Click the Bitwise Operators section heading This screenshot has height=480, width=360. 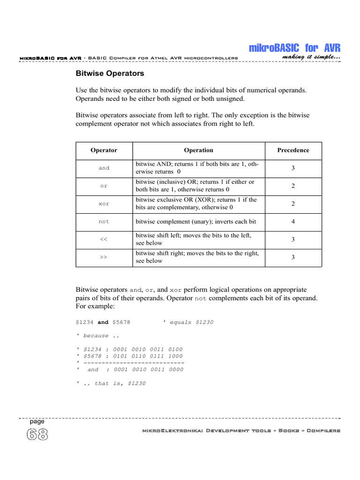[110, 74]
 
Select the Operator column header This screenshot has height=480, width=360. [104, 150]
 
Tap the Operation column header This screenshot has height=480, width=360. [198, 150]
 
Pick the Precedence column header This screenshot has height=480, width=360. [293, 150]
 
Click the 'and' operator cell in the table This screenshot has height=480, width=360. [104, 168]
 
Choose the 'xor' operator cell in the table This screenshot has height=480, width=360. [104, 204]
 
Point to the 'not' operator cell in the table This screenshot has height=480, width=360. [104, 222]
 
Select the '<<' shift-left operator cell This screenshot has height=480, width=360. [104, 240]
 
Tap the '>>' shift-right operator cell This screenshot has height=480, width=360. [104, 257]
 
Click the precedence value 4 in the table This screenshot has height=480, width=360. [293, 222]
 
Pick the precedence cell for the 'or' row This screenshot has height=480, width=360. [293, 186]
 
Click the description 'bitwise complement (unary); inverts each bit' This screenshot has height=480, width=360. [196, 222]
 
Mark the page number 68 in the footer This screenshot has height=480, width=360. [37, 435]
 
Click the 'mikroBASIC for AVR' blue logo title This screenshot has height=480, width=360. [294, 48]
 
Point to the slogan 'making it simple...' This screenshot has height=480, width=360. [311, 57]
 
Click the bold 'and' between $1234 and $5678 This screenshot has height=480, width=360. [103, 322]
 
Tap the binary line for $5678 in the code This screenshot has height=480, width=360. [129, 356]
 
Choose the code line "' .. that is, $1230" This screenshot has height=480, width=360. [111, 383]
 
